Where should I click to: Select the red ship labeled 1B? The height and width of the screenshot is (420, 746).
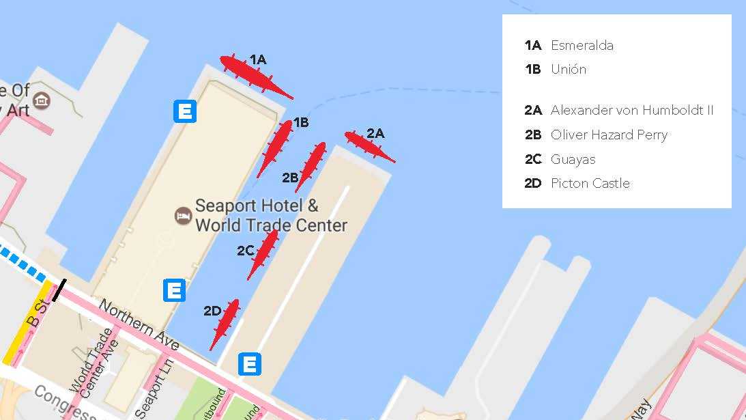click(275, 148)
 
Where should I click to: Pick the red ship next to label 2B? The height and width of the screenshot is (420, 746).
click(311, 167)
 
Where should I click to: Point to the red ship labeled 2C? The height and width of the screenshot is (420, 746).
click(263, 254)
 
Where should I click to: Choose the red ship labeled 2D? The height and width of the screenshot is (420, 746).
click(225, 324)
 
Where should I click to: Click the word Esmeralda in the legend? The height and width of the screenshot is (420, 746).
click(582, 46)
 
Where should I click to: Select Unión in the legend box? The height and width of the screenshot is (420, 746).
click(568, 69)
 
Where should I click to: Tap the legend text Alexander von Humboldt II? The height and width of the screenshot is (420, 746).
click(632, 110)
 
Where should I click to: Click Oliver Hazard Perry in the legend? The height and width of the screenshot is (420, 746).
click(609, 135)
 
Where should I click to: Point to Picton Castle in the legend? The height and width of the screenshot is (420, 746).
click(590, 183)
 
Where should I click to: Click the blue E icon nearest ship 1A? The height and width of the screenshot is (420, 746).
click(185, 111)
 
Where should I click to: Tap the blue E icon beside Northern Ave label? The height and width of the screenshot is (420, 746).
click(174, 290)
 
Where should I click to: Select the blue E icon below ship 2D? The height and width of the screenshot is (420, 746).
click(250, 364)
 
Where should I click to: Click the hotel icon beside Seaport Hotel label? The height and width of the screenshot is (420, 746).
click(183, 216)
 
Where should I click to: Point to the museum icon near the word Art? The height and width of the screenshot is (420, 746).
click(42, 101)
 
